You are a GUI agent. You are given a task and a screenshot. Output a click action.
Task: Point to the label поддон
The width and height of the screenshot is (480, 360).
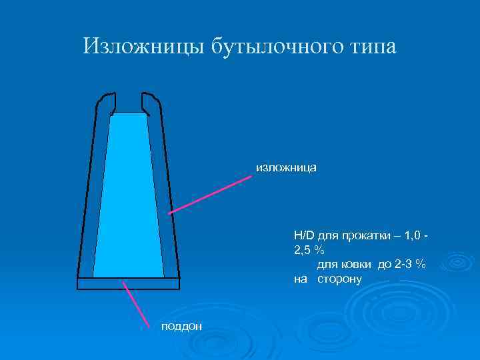click(181, 325)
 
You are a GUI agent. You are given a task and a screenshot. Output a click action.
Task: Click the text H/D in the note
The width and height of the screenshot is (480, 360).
click(305, 235)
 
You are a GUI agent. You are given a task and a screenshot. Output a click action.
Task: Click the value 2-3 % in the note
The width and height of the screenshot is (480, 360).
click(409, 264)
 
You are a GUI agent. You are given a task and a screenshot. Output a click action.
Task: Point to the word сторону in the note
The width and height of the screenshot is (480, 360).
click(339, 279)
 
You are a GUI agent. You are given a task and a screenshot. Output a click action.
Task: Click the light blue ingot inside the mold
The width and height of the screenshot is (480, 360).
click(129, 200)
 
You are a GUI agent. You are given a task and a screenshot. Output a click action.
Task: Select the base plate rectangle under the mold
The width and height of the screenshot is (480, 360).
click(129, 283)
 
